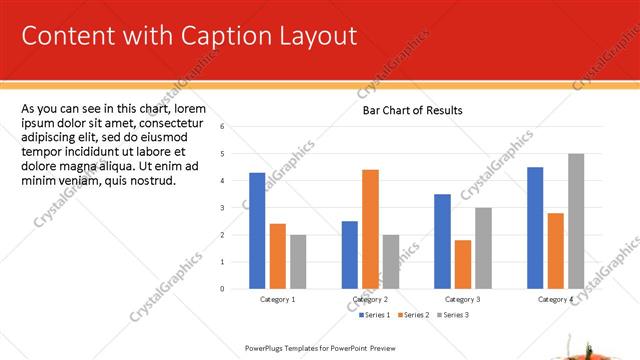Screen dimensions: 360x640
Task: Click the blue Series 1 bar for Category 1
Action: [257, 230]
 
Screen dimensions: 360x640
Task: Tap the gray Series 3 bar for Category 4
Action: [576, 221]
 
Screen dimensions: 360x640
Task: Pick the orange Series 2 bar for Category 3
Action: [462, 264]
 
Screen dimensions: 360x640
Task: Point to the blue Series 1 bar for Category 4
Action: [535, 227]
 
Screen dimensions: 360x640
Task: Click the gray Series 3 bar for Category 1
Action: [298, 261]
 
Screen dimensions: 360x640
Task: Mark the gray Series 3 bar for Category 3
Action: [483, 248]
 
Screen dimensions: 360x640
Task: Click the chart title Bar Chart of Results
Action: [412, 110]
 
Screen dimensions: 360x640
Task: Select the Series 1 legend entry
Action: [376, 315]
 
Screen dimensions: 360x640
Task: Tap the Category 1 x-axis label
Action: [277, 299]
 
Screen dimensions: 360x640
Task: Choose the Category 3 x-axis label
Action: [463, 299]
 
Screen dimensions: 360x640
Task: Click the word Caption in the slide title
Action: [224, 36]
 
